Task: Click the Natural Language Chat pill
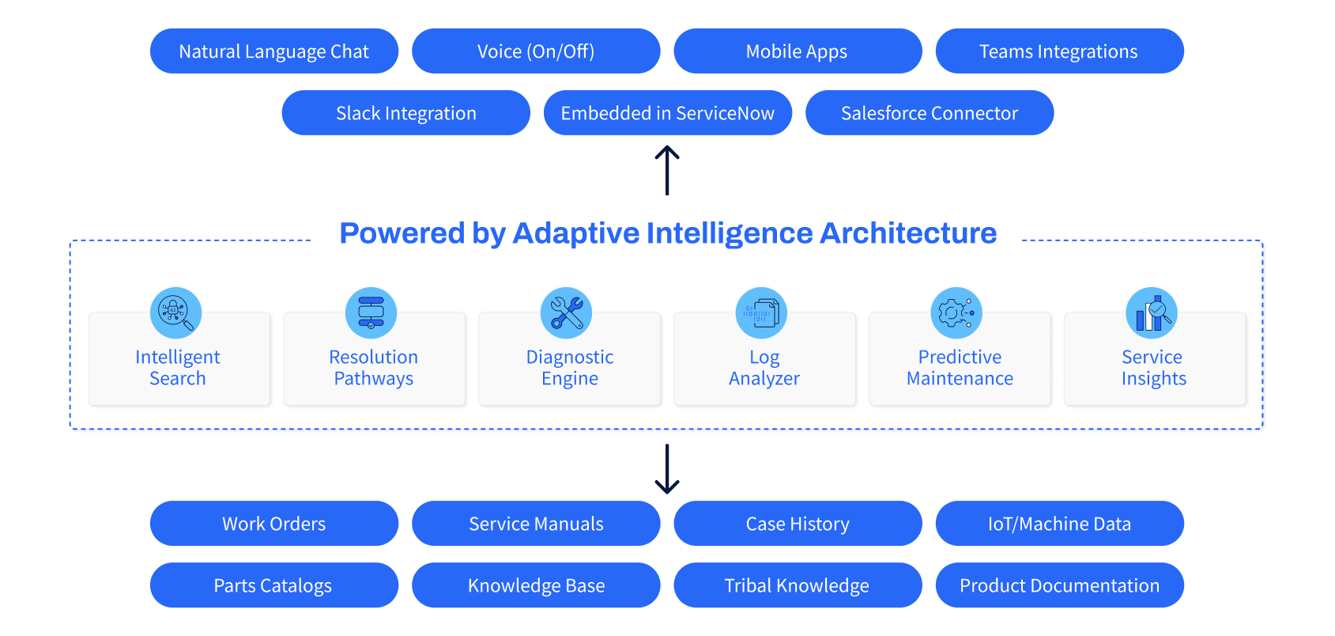point(273,51)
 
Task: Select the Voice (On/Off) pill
point(536,51)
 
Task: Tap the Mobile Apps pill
point(797,51)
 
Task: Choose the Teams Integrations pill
point(1059,51)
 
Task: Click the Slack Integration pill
point(405,113)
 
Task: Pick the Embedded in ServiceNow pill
point(667,113)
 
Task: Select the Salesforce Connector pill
point(929,113)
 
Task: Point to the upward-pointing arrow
point(667,169)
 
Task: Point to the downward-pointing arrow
point(667,469)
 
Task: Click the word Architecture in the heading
point(908,233)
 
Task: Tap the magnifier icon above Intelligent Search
point(175,312)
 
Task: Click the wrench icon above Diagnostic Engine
point(566,312)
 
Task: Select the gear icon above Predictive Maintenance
point(956,312)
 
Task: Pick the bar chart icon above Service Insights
point(1152,312)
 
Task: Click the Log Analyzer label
point(764,368)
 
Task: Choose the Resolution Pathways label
point(373,368)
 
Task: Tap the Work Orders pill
point(273,524)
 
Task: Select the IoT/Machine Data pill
point(1059,524)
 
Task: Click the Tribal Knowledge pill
point(797,585)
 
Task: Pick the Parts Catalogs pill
point(273,585)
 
